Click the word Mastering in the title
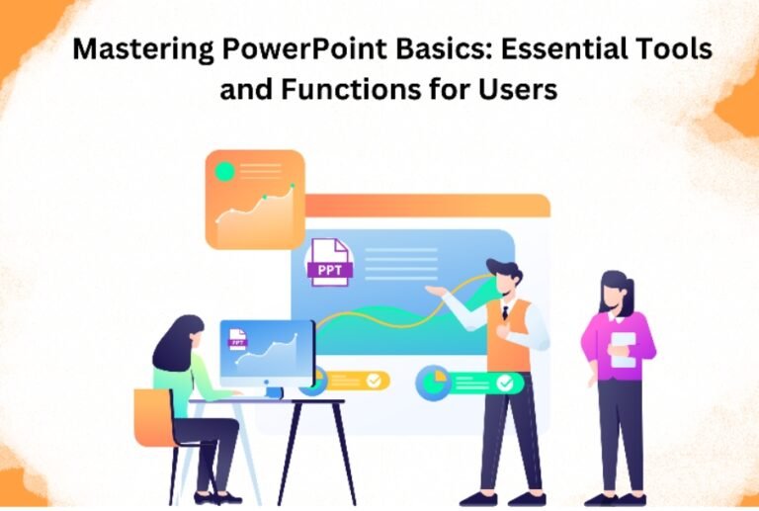coord(139,50)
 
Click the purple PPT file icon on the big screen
coord(329,262)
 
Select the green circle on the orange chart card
coord(224,171)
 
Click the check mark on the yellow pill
coord(374,380)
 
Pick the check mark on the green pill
coord(505,382)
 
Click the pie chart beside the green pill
coord(432,381)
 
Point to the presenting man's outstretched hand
coord(433,291)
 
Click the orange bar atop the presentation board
coord(426,205)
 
